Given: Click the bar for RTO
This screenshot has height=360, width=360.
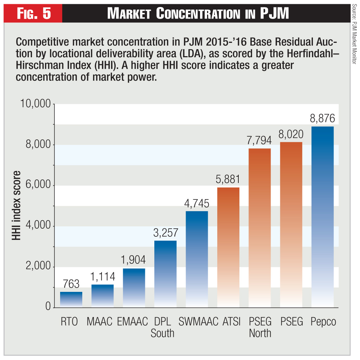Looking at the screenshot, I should point(71,300).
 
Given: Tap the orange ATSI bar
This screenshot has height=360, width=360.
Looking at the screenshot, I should point(228,247).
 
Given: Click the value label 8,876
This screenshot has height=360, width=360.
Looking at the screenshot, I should point(322,118).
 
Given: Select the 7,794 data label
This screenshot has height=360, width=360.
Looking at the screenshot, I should point(259,140).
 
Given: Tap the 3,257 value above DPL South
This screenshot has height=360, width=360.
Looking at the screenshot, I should point(165,233).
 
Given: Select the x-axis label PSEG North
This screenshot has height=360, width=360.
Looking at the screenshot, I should point(260,327).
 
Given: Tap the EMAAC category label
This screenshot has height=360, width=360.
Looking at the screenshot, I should point(133,322).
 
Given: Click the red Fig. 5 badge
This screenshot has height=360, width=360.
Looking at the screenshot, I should point(35,14).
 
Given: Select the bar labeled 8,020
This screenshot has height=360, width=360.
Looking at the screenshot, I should point(291,225).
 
